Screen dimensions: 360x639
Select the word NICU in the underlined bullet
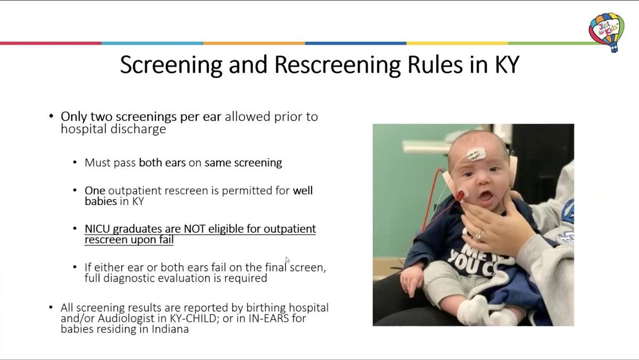99,229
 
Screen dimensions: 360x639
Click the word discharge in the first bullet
140,129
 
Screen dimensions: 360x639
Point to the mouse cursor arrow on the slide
288,260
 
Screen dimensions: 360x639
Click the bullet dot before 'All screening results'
51,308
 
